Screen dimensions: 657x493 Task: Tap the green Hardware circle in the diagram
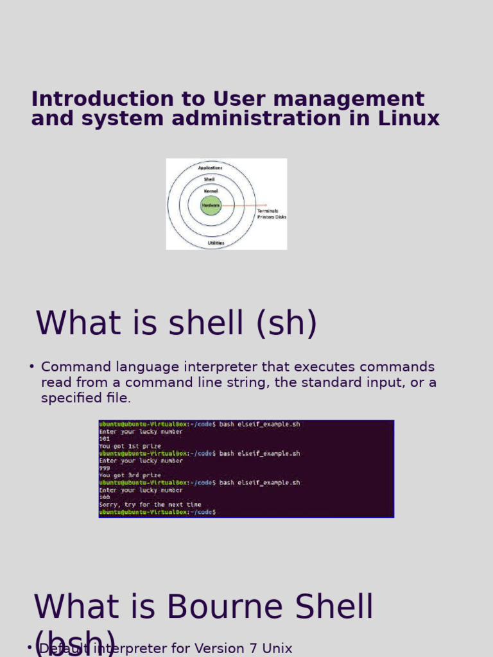[211, 205]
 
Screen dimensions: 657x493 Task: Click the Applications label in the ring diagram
[211, 167]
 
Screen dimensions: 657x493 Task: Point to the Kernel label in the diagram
[211, 191]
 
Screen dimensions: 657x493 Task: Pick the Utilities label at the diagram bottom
[216, 243]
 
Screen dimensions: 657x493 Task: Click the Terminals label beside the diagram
[268, 210]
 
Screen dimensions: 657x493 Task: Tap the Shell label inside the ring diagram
[209, 179]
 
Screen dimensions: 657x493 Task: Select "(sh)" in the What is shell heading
[286, 323]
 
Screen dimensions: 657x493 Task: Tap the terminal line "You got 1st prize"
[130, 446]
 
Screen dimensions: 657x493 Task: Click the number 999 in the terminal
[105, 468]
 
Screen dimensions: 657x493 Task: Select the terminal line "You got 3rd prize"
[130, 475]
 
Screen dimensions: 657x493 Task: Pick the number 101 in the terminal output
[105, 439]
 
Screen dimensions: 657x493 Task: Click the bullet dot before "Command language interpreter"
[31, 367]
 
